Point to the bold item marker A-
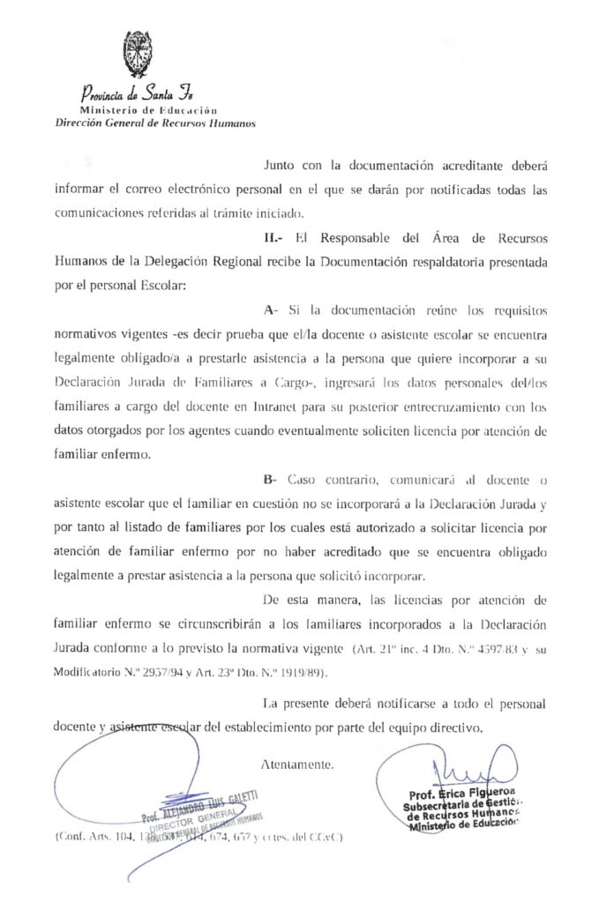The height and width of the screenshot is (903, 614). click(x=271, y=310)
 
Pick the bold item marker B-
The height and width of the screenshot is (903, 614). click(x=271, y=478)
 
